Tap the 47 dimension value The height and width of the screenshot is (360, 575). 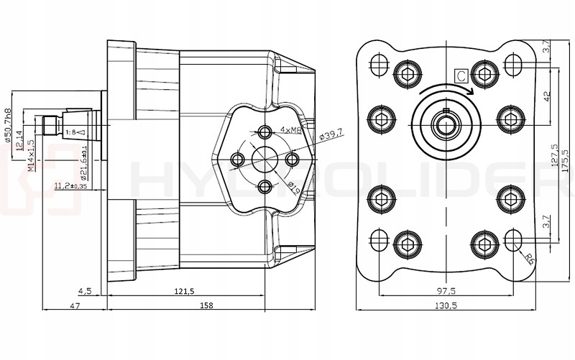pos(74,305)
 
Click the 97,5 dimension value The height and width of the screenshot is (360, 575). pos(446,290)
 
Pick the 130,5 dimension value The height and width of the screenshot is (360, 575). pos(446,305)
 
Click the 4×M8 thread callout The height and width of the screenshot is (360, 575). pos(291,129)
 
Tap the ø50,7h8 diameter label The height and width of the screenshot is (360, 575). pos(9,126)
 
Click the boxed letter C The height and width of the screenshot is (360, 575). pos(461,74)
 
